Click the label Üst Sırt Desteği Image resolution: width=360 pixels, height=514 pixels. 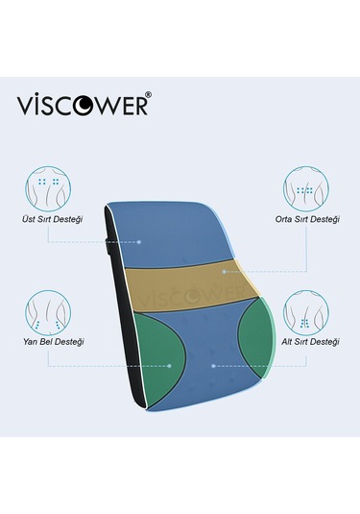click(x=52, y=219)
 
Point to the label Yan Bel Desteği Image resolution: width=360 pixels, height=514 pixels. click(x=51, y=342)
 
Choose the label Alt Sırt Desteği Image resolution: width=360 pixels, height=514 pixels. click(x=307, y=342)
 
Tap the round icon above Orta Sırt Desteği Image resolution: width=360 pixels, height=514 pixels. click(x=306, y=187)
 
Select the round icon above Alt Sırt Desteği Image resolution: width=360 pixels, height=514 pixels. click(x=306, y=309)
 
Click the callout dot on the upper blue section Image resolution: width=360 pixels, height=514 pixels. click(x=140, y=241)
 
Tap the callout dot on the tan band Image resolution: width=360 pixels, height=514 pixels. click(x=223, y=272)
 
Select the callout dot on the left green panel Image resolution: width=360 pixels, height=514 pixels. click(x=170, y=365)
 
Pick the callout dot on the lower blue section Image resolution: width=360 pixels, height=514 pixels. click(x=214, y=365)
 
